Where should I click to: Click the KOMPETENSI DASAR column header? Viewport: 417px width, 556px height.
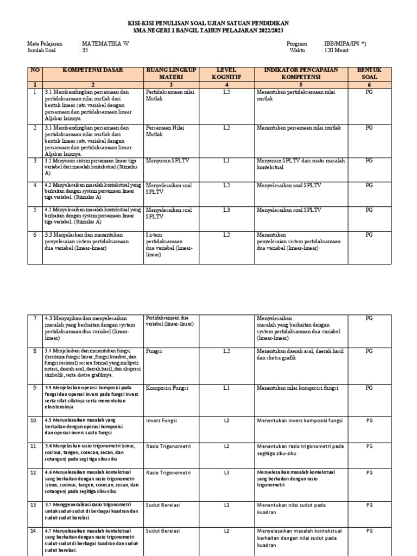pos(93,71)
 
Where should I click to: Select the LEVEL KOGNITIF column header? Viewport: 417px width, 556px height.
pos(227,73)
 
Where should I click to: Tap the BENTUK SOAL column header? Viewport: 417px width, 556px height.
pos(369,73)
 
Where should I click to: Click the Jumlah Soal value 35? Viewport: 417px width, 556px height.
pos(84,50)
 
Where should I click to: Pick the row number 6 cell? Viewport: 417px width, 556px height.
pos(34,235)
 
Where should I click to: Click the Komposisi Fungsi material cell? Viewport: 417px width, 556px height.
pos(167,388)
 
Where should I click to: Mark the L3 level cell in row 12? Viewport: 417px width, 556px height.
pos(227,473)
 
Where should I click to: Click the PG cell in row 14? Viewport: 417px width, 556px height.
pos(369,530)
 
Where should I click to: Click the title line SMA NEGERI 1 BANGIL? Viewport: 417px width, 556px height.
pos(208,30)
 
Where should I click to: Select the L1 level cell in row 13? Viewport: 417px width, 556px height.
pos(227,504)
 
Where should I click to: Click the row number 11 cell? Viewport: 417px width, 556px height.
pos(34,446)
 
